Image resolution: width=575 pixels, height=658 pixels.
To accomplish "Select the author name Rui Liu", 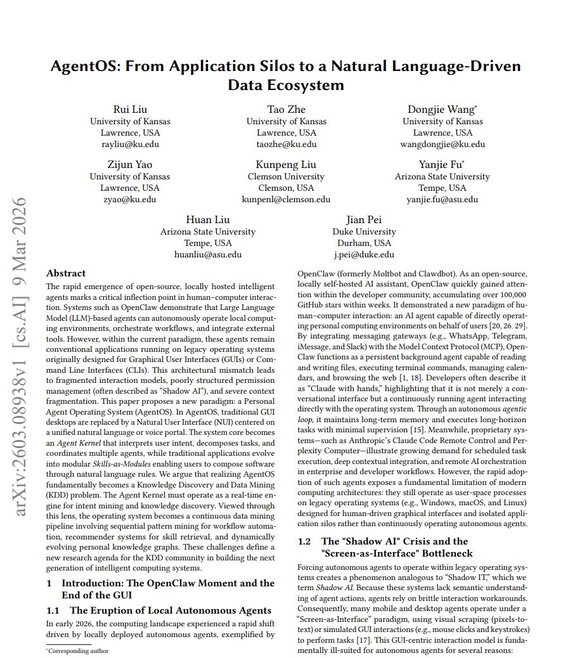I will (130, 109).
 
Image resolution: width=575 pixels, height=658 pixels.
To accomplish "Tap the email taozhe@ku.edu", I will (286, 145).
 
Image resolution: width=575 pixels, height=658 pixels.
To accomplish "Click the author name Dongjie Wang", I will (441, 109).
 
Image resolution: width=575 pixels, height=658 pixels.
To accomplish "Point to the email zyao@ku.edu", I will (130, 199).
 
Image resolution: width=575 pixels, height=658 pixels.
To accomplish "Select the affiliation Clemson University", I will (286, 176).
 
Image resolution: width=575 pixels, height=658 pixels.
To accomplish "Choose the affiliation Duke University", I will (364, 231).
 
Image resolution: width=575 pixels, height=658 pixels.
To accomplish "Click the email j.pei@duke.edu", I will (364, 254).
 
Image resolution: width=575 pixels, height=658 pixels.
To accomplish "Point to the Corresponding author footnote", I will (77, 650).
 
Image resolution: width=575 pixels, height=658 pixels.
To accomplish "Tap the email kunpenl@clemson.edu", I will (286, 199).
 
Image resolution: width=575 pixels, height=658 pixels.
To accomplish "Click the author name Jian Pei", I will (364, 220).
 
